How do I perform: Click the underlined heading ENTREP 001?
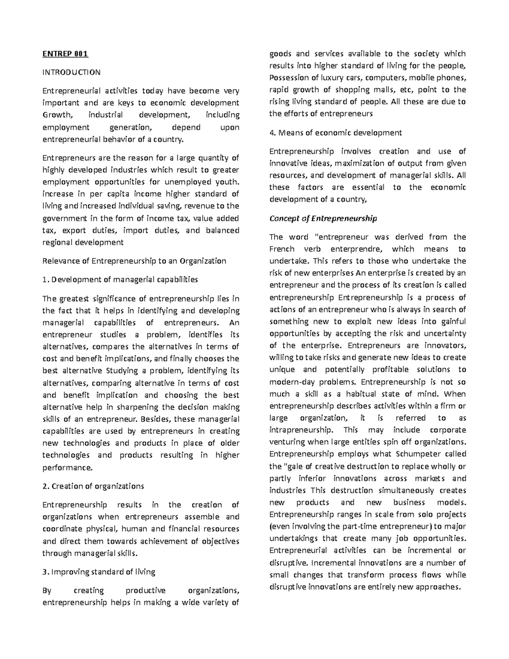[65, 54]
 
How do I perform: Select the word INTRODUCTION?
[71, 72]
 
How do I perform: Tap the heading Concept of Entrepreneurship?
[323, 219]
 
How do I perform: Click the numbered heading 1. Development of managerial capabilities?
[120, 279]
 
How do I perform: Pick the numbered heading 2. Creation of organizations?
[93, 486]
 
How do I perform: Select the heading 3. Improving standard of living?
[99, 572]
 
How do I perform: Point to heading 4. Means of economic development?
[336, 132]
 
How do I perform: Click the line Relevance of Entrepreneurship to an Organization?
[134, 261]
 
